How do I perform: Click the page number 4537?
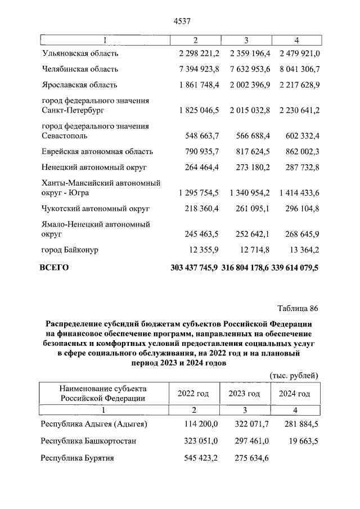click(x=180, y=22)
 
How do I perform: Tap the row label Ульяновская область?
click(x=80, y=53)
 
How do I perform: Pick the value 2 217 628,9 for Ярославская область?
click(x=299, y=85)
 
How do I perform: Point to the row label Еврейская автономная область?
click(x=97, y=152)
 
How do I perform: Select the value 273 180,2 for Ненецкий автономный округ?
click(x=250, y=168)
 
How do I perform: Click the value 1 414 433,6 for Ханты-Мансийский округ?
click(x=299, y=193)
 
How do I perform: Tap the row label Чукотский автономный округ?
click(x=96, y=209)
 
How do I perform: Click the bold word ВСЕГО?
click(x=54, y=268)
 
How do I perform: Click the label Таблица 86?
click(x=298, y=308)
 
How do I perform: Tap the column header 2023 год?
click(x=244, y=394)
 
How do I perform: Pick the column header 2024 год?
click(x=294, y=394)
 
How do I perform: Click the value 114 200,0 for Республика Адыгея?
click(x=202, y=424)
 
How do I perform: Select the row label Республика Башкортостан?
click(x=89, y=441)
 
